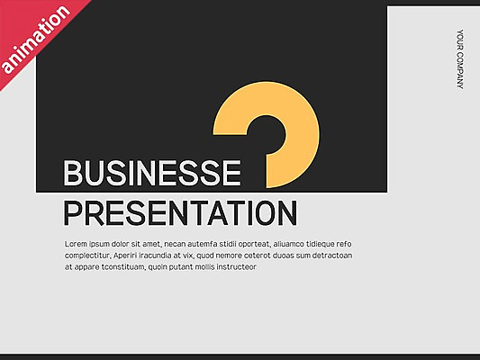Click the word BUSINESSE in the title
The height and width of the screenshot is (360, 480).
pyautogui.click(x=152, y=174)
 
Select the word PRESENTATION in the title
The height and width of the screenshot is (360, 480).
pyautogui.click(x=180, y=213)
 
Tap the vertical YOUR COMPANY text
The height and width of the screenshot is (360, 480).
pyautogui.click(x=459, y=59)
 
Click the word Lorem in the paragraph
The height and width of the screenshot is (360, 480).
pyautogui.click(x=76, y=244)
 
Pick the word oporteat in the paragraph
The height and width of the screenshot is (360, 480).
pyautogui.click(x=251, y=244)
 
